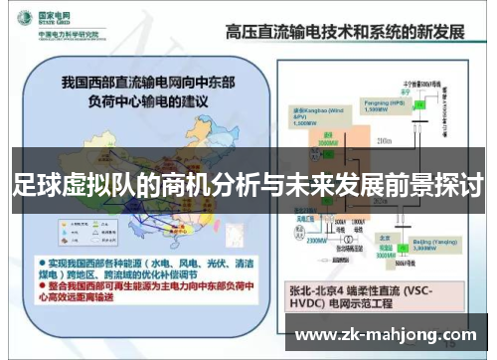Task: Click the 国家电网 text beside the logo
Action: tap(55, 16)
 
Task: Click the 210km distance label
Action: tap(386, 143)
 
